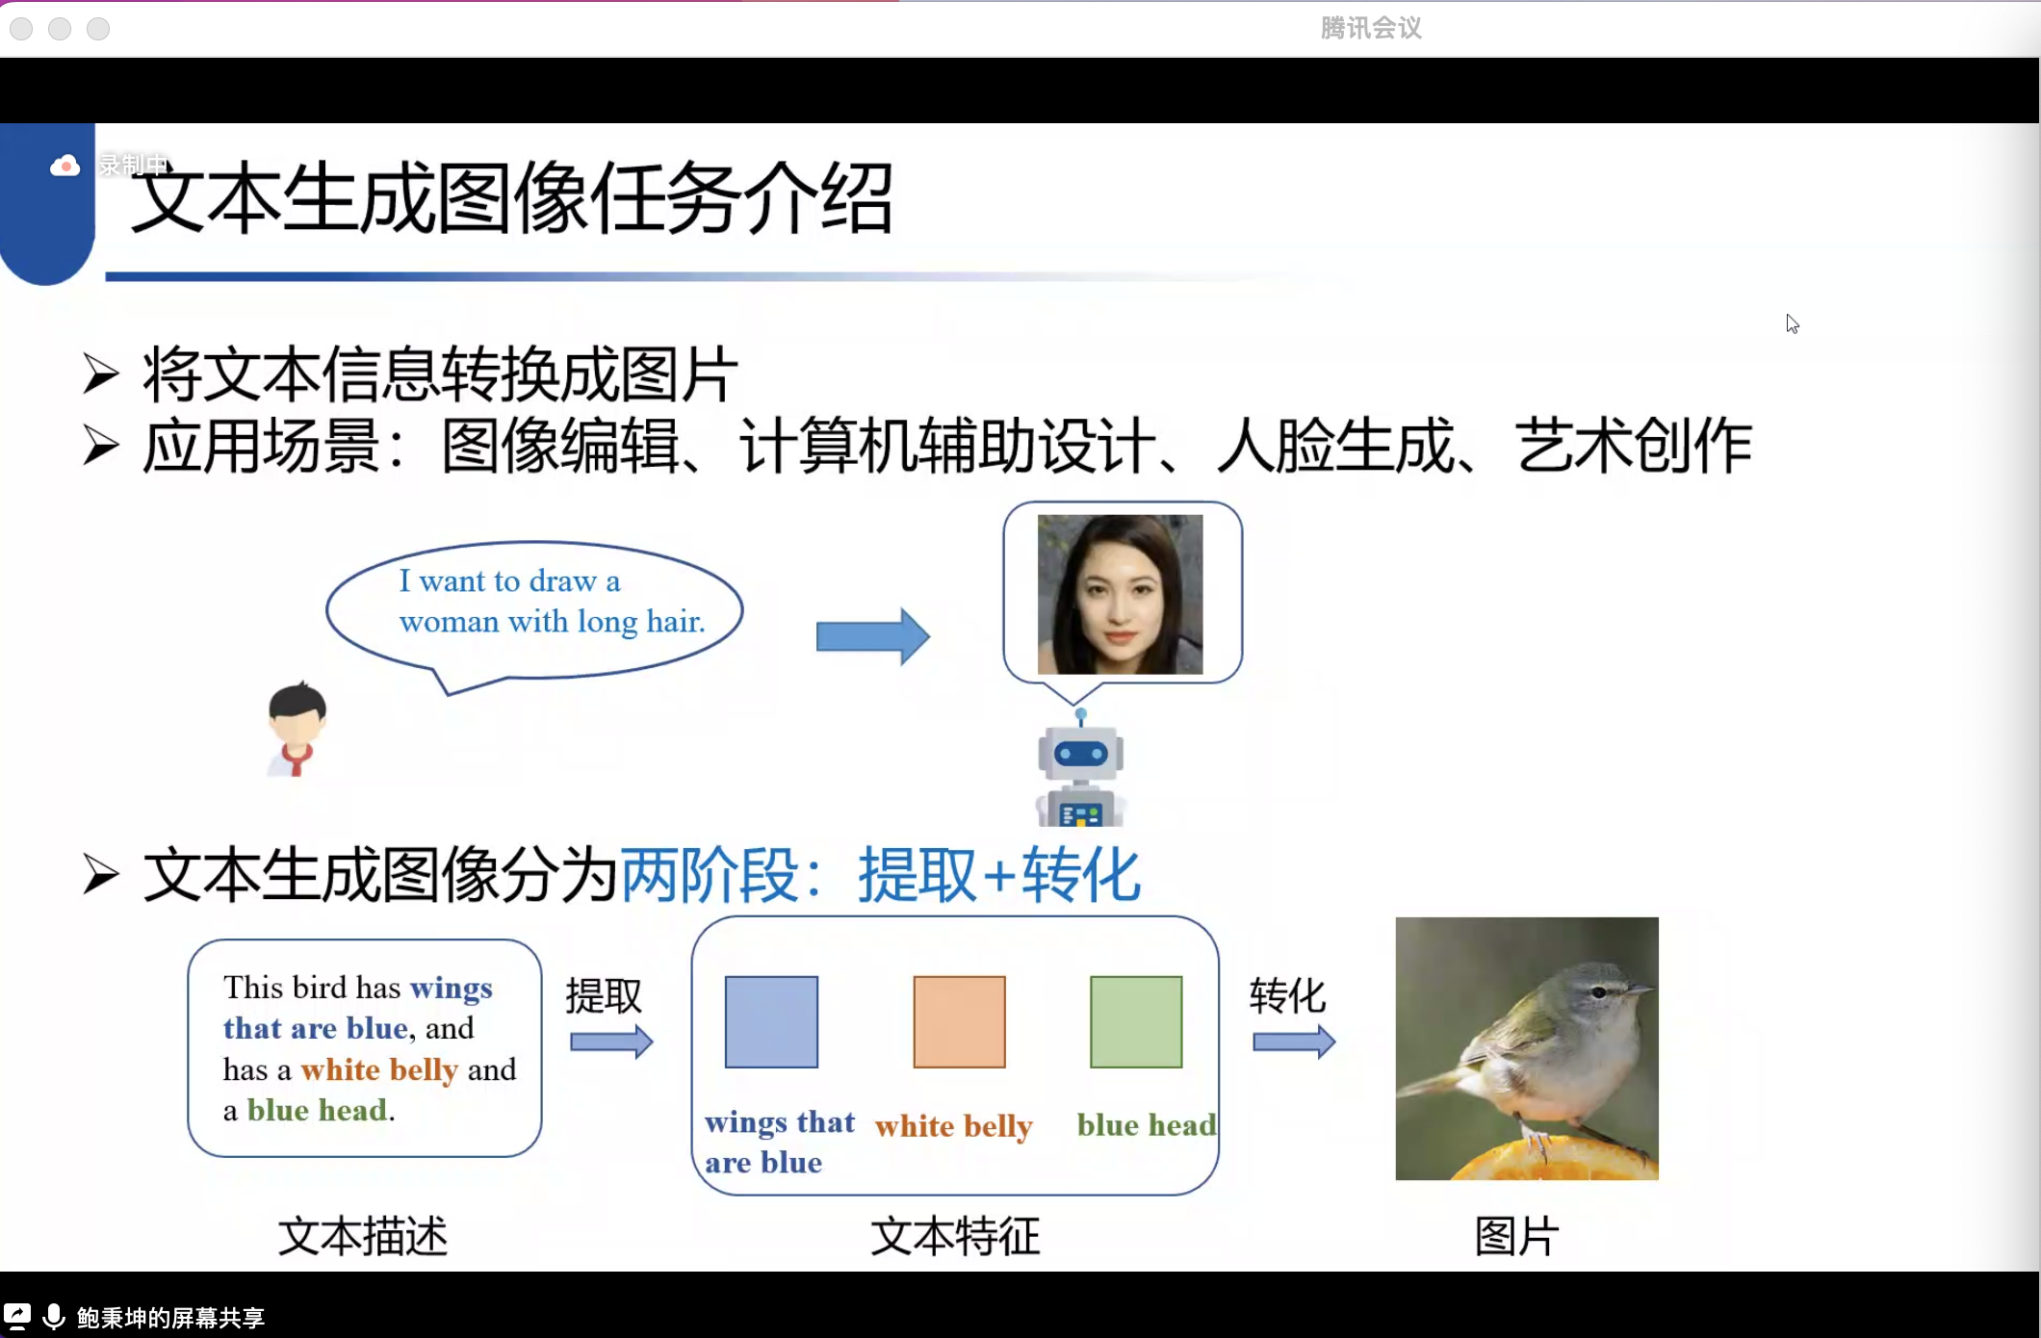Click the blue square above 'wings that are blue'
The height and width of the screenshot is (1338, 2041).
tap(771, 1022)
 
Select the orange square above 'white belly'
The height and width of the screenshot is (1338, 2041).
tap(959, 1022)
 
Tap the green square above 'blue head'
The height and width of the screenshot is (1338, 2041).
tap(1136, 1022)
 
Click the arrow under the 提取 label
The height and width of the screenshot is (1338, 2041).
tap(611, 1042)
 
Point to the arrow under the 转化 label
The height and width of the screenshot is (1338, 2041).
tap(1294, 1042)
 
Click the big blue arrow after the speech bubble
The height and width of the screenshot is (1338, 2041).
tap(872, 636)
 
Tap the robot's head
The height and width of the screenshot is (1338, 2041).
tap(1081, 753)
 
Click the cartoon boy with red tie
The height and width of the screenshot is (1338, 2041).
tap(297, 729)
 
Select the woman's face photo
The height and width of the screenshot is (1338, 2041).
tap(1120, 594)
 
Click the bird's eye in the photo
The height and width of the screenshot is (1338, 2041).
tap(1598, 992)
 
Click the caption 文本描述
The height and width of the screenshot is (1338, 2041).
tap(363, 1236)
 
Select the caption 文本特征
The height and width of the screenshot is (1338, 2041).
tap(955, 1236)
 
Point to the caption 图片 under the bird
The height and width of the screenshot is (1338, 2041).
tap(1516, 1236)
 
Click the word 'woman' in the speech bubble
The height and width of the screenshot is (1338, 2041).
tap(449, 622)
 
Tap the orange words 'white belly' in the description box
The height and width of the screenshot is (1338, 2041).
tap(379, 1069)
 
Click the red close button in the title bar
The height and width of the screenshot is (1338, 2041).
tap(21, 29)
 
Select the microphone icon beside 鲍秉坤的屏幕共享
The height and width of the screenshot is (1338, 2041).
tap(54, 1316)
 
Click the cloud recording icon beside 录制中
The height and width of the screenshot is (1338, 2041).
tap(65, 167)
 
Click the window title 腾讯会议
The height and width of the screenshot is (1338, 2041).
tap(1371, 28)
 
